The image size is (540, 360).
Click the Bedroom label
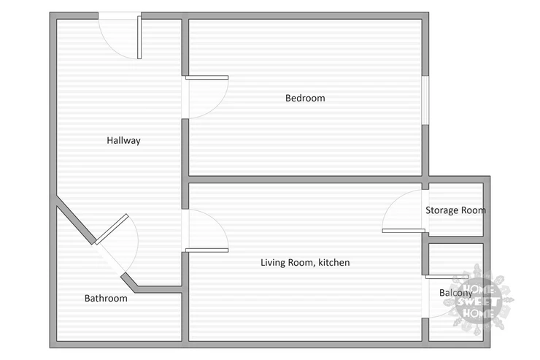pyautogui.click(x=305, y=98)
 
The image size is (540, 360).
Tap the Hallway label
pyautogui.click(x=123, y=140)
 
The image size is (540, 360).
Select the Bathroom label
pyautogui.click(x=106, y=299)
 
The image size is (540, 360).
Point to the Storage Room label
pyautogui.click(x=455, y=210)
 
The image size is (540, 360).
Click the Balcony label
pyautogui.click(x=455, y=293)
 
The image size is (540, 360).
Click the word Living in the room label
pyautogui.click(x=272, y=263)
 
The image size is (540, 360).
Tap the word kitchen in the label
pyautogui.click(x=333, y=262)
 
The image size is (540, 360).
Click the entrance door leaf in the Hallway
pyautogui.click(x=139, y=37)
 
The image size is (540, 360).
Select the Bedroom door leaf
pyautogui.click(x=207, y=77)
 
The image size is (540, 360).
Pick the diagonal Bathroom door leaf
pyautogui.click(x=112, y=229)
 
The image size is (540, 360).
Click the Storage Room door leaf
pyautogui.click(x=404, y=231)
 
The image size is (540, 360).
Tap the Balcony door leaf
pyautogui.click(x=447, y=277)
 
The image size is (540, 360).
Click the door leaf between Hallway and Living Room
pyautogui.click(x=207, y=250)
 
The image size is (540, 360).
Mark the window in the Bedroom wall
pyautogui.click(x=425, y=100)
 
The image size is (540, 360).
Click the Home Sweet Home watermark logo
pyautogui.click(x=479, y=299)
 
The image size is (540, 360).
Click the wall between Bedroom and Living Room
pyautogui.click(x=305, y=180)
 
